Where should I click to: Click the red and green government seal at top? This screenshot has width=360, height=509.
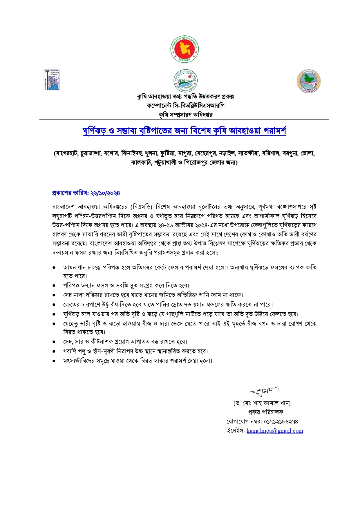click(x=184, y=49)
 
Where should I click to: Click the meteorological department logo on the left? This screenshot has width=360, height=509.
click(x=51, y=79)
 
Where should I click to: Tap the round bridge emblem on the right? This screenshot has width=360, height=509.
click(x=309, y=81)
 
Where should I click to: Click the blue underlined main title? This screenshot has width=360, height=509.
click(x=184, y=131)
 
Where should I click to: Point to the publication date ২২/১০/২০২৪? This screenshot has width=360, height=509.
click(x=105, y=193)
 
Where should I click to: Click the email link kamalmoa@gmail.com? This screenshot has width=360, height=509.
click(x=275, y=431)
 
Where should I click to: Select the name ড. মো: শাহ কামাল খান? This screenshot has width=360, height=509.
click(x=262, y=403)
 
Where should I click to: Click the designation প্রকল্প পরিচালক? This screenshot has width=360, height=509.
click(x=265, y=412)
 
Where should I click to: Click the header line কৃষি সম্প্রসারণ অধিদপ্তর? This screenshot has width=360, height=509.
click(x=186, y=115)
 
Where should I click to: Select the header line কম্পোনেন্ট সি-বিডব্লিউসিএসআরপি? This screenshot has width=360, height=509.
click(x=186, y=106)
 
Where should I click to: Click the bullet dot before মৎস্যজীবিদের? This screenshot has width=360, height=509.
click(x=54, y=361)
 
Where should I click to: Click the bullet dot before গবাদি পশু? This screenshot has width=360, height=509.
click(x=54, y=352)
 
